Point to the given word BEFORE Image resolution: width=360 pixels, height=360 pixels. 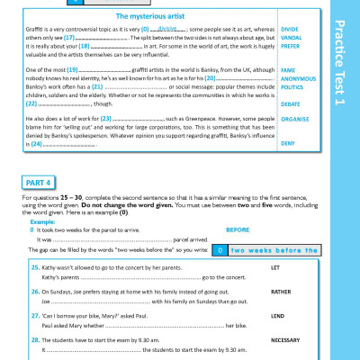[238, 229]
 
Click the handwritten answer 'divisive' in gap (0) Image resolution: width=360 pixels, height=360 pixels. [168, 29]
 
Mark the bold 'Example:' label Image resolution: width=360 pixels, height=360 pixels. [43, 220]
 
